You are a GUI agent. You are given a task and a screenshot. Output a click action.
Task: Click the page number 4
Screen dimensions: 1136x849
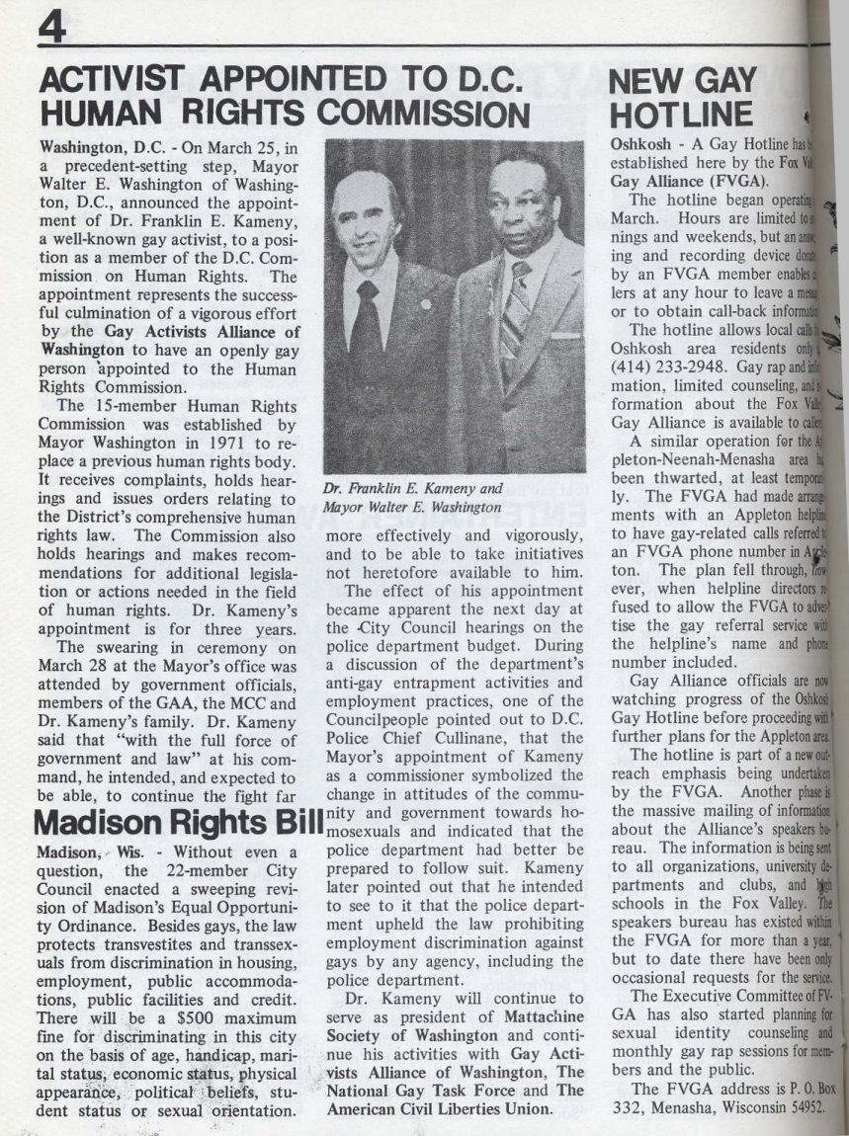[x=50, y=27]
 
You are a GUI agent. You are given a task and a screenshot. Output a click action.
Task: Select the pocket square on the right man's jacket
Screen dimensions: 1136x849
[x=566, y=335]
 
